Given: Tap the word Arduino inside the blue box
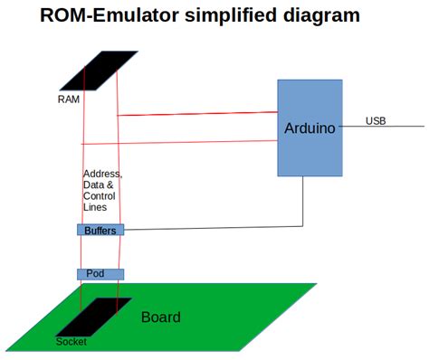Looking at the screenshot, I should coord(310,128).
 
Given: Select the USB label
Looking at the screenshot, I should coord(376,120).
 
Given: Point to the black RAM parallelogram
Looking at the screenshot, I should coord(100,70).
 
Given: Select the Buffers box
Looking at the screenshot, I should coord(100,231).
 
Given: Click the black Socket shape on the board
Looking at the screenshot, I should coord(94,316).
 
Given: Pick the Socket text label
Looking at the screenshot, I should coord(71,342).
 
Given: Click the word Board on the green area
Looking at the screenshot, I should coord(160,317).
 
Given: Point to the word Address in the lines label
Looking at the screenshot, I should coord(101,174).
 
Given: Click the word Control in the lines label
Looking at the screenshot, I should coord(99,196).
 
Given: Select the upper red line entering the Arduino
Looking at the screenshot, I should coord(199,114).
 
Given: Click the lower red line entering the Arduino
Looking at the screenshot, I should coord(181,141).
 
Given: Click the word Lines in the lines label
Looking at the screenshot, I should coord(96,207).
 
